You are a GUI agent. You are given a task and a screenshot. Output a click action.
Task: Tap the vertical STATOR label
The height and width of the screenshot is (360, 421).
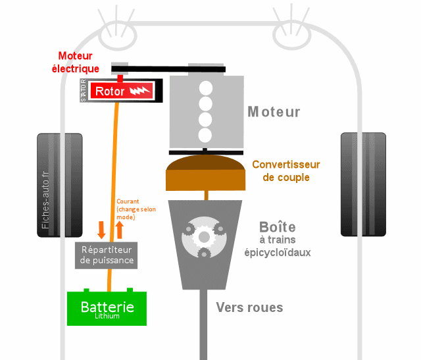point(83,90)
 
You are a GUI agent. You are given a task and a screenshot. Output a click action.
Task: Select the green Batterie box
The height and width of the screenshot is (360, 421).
point(107,308)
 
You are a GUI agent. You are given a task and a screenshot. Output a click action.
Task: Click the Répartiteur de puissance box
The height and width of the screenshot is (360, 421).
point(107,255)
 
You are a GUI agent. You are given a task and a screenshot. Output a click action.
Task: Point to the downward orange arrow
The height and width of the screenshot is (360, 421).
point(101,229)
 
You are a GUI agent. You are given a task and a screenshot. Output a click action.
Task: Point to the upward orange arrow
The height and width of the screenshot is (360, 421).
point(120,229)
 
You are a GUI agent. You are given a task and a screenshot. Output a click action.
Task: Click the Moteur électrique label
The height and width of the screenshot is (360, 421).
point(78,62)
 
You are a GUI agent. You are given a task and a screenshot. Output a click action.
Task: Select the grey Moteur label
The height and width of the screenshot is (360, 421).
point(274,112)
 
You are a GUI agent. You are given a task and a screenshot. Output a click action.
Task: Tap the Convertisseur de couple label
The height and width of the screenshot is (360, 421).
point(285,171)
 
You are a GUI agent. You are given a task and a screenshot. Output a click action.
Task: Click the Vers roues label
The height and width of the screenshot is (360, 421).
point(250,307)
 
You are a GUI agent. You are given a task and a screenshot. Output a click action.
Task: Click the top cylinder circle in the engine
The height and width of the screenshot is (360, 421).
point(205,88)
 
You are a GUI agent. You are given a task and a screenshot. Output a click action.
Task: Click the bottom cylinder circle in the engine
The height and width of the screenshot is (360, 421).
point(205,135)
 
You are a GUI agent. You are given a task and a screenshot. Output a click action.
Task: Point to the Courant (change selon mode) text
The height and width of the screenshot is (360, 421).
point(134,209)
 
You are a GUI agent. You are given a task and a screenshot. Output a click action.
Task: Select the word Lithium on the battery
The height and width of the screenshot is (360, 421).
point(107,316)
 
